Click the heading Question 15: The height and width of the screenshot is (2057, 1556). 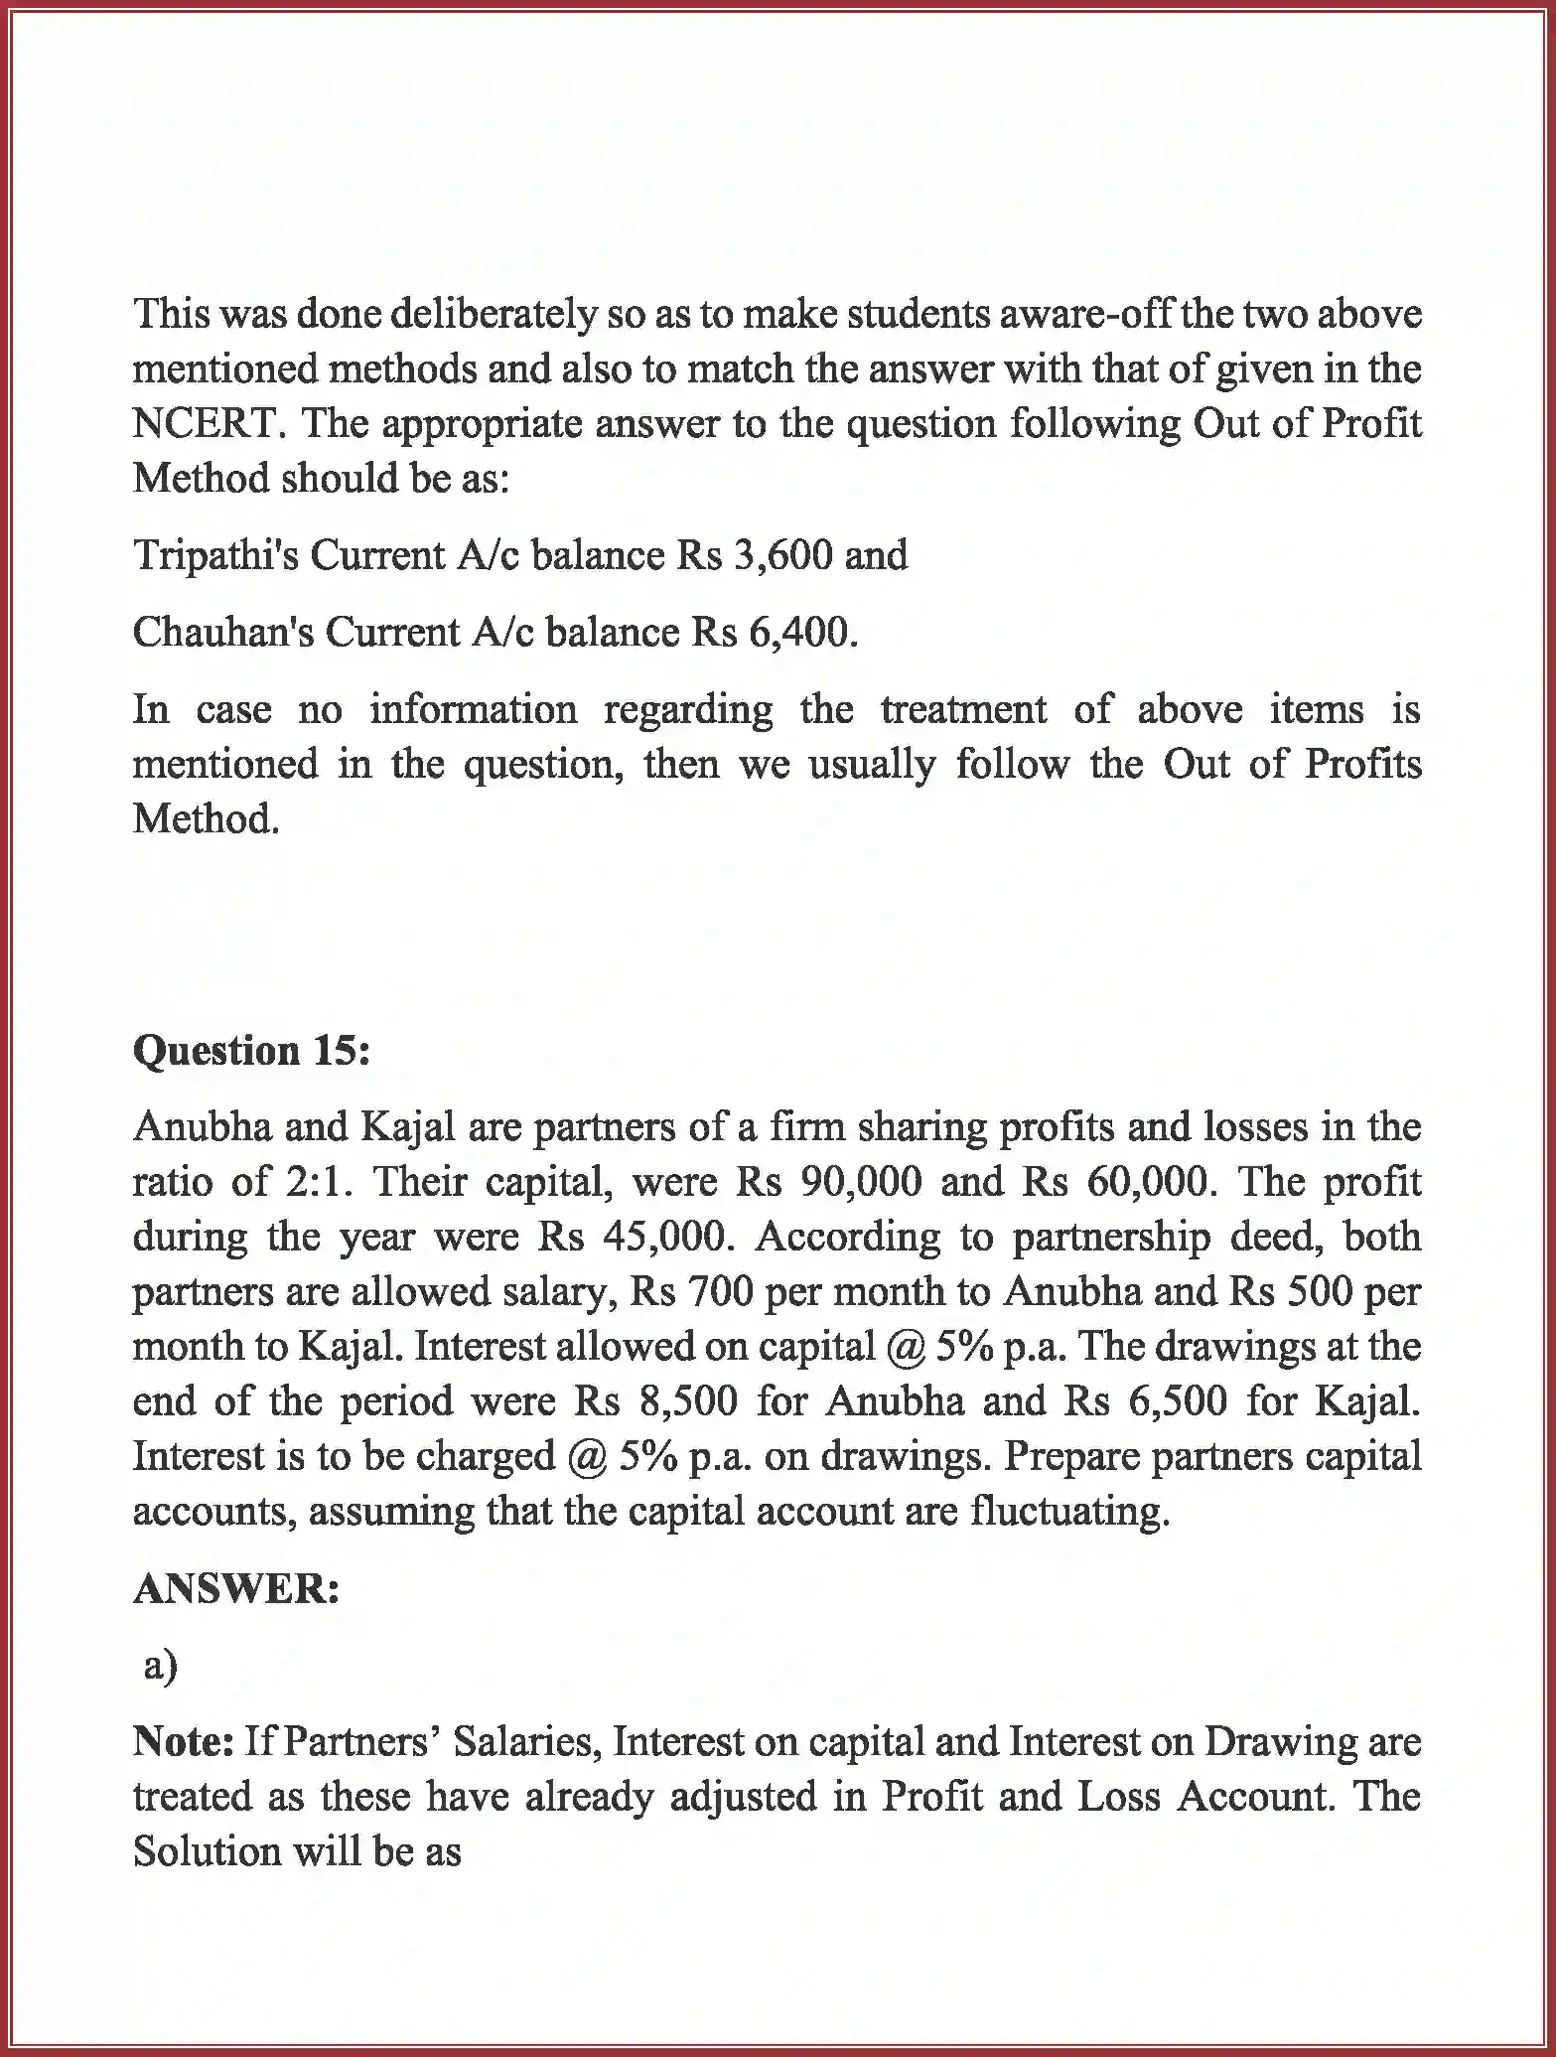point(251,1051)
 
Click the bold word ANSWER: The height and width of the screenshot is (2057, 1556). point(236,1589)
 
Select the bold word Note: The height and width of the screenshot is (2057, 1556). point(183,1741)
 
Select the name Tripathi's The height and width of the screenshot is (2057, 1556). point(215,554)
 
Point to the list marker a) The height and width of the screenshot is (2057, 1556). point(160,1664)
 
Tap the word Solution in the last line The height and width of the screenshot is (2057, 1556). point(206,1851)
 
